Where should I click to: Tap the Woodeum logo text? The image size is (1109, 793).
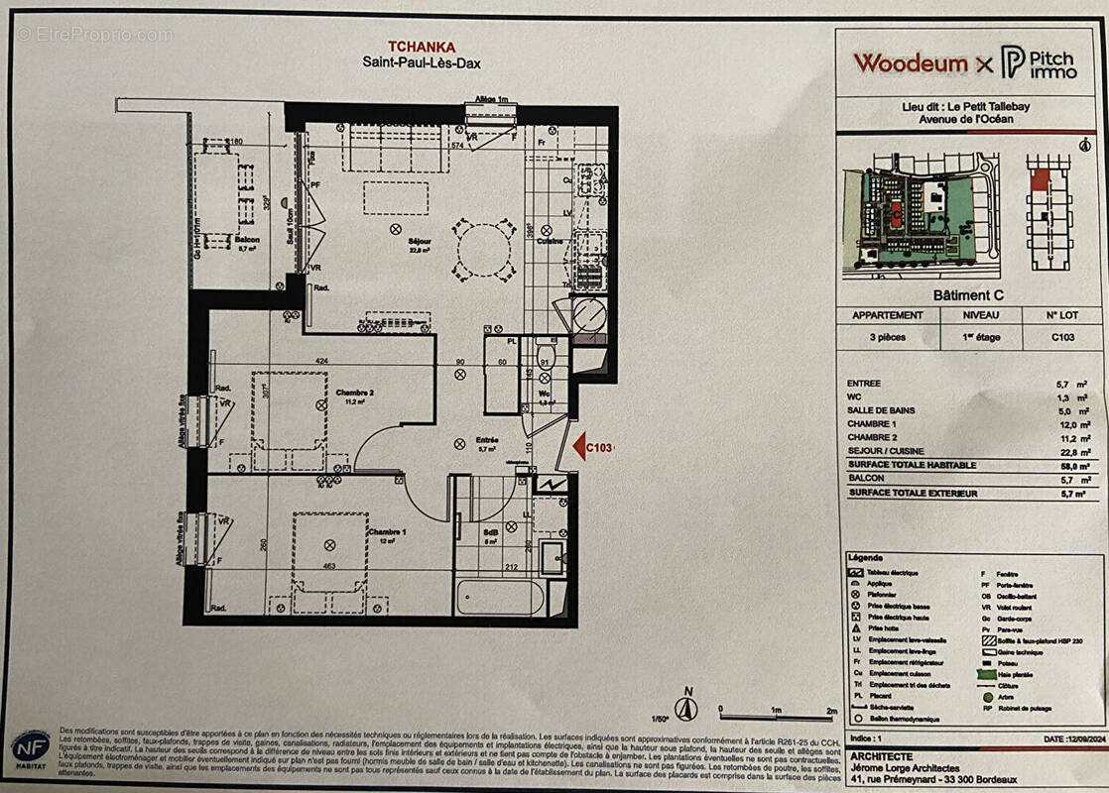point(910,63)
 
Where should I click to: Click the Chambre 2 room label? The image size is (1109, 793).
point(354,392)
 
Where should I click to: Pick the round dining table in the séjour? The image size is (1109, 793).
point(485,249)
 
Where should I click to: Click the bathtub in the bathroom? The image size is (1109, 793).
point(501,598)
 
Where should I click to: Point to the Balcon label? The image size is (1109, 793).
point(248,241)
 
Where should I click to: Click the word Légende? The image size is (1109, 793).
point(865,558)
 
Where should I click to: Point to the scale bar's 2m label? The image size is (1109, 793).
point(831,712)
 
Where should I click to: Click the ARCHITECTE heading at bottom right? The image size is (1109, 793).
point(883,755)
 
